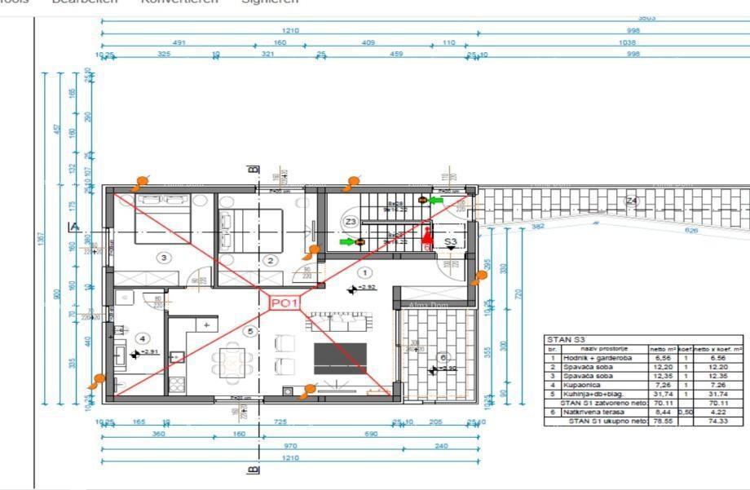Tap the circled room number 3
pyautogui.click(x=165, y=258)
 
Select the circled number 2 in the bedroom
pyautogui.click(x=271, y=261)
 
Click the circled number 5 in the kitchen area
pyautogui.click(x=250, y=331)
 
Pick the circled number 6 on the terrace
pyautogui.click(x=443, y=357)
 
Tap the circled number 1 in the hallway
pyautogui.click(x=364, y=273)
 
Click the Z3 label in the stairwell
pyautogui.click(x=351, y=221)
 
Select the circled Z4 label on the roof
pyautogui.click(x=632, y=201)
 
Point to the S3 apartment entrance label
pyautogui.click(x=451, y=242)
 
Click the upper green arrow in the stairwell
pyautogui.click(x=436, y=199)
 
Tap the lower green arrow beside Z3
pyautogui.click(x=346, y=241)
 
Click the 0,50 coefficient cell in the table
pyautogui.click(x=685, y=413)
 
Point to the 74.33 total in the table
pyautogui.click(x=718, y=422)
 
